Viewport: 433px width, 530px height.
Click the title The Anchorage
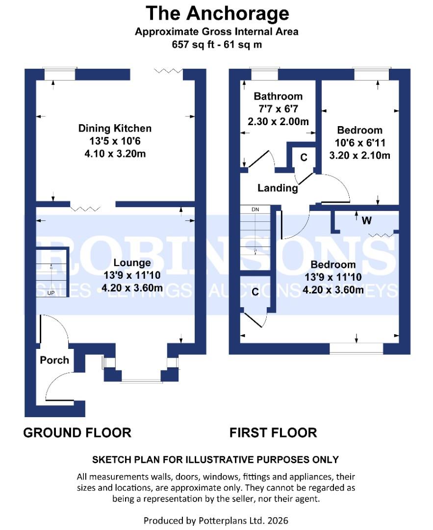(218, 14)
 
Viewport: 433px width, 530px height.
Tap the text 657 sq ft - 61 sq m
(217, 45)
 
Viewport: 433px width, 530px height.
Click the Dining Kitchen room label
(115, 128)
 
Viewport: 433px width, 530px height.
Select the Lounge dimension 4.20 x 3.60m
(132, 288)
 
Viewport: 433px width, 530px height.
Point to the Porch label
(54, 360)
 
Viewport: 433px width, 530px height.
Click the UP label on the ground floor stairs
(51, 293)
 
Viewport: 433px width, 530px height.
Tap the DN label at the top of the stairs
(255, 210)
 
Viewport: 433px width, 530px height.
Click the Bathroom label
(278, 96)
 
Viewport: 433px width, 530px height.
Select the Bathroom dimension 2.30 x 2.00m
(278, 122)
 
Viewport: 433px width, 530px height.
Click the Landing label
(278, 188)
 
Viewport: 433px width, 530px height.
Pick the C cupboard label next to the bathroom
(304, 158)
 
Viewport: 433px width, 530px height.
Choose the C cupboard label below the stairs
(255, 291)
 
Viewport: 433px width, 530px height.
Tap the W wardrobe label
(366, 221)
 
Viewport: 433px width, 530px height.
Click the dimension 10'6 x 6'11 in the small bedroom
(360, 143)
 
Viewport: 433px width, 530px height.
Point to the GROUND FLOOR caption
(77, 433)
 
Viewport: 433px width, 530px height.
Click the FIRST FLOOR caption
(273, 433)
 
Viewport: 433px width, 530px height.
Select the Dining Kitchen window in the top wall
(60, 75)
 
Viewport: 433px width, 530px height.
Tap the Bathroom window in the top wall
(264, 75)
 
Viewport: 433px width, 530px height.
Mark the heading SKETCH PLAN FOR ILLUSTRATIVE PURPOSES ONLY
(215, 460)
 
